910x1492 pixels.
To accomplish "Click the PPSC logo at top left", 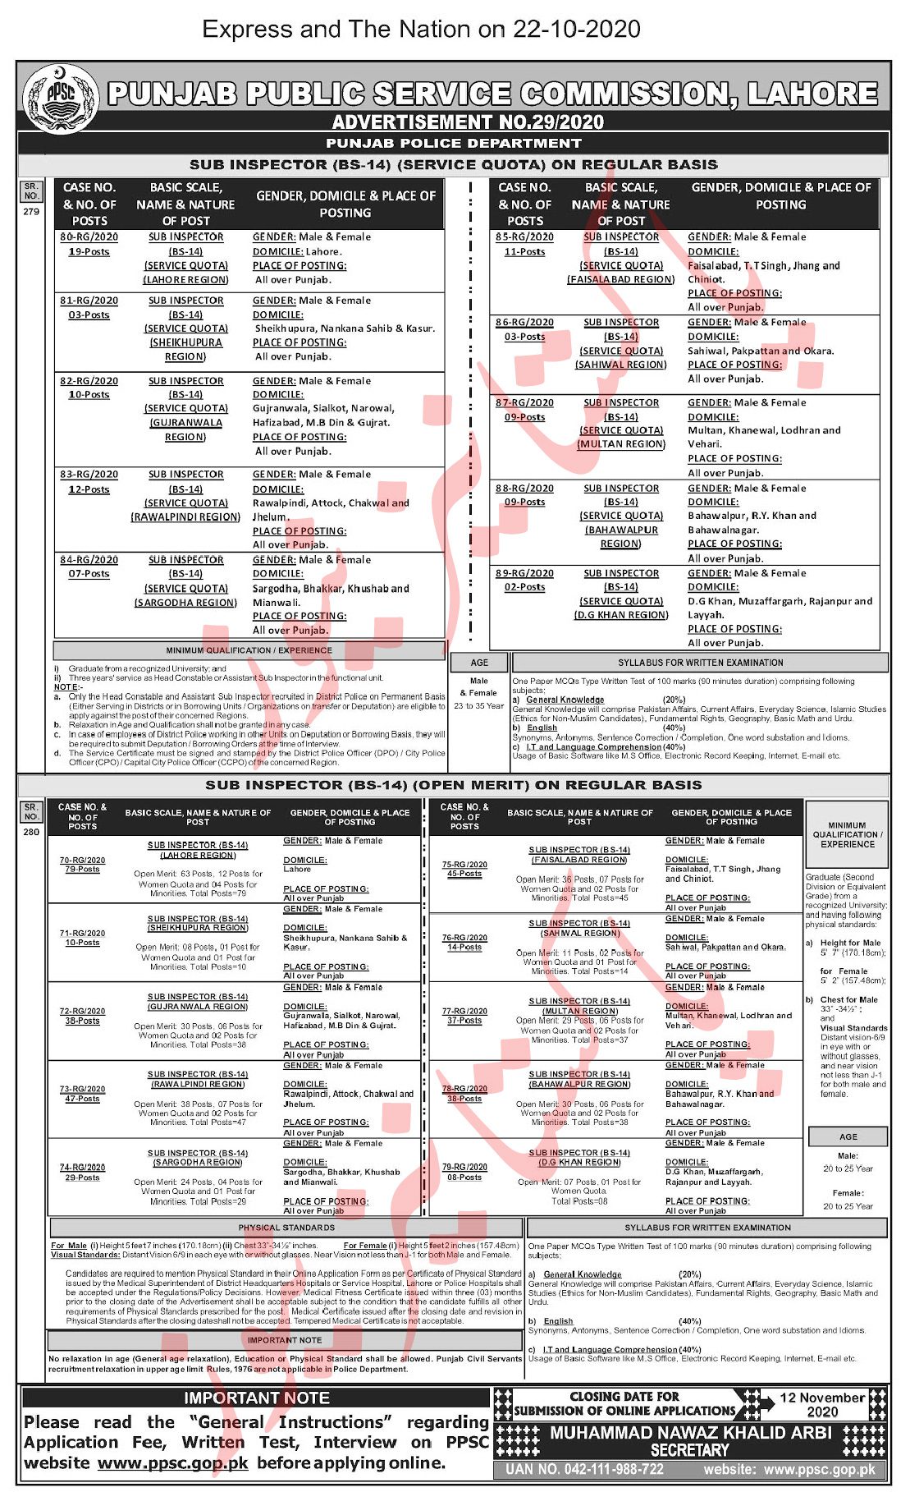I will click(59, 98).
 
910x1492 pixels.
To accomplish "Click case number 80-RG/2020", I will click(89, 237).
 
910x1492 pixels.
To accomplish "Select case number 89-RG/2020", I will click(524, 574).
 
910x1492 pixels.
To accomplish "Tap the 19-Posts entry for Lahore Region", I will click(89, 252).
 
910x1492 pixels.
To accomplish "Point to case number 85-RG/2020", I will click(524, 237).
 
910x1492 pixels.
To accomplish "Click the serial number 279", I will click(31, 212).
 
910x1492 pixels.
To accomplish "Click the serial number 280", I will click(31, 832).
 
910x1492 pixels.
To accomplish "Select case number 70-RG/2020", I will click(82, 860).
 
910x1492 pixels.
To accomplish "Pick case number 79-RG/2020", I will click(464, 1167).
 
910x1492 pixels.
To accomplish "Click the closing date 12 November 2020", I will click(821, 1404).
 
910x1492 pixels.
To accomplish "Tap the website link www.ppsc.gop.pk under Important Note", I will click(172, 1463).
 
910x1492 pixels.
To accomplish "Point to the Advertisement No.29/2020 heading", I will click(468, 122).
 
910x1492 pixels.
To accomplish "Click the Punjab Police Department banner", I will click(454, 143).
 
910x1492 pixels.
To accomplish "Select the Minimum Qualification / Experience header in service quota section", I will click(249, 650).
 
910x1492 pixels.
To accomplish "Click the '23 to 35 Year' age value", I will click(479, 705).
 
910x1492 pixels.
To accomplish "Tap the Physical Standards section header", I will click(286, 1228).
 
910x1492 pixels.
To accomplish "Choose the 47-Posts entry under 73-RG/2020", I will click(82, 1099).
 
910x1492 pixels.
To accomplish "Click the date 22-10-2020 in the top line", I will click(577, 30).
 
